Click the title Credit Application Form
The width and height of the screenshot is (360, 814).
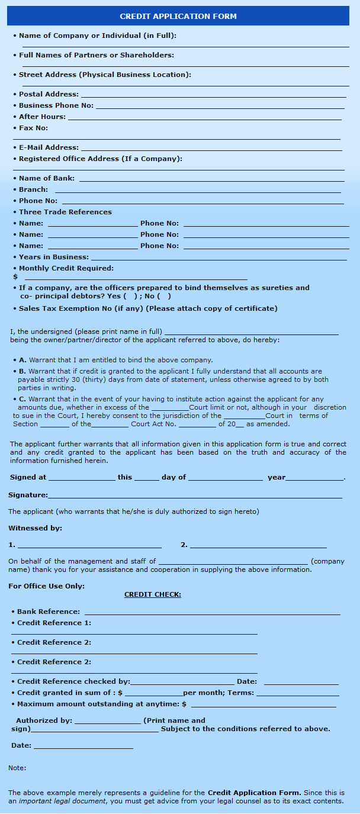[178, 16]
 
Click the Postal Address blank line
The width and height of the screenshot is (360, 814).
[213, 96]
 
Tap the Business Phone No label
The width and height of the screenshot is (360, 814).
[56, 105]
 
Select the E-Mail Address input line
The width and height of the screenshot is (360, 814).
[211, 149]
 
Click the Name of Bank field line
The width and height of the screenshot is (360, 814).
[211, 180]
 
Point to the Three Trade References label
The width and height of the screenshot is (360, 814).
[65, 212]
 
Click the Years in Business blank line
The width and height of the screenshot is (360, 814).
[218, 259]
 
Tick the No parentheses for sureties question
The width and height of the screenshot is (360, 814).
[165, 296]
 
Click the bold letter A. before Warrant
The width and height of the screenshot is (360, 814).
[22, 360]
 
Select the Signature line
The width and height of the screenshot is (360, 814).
[195, 497]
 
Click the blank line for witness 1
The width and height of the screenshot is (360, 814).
[89, 546]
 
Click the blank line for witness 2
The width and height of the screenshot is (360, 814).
[258, 546]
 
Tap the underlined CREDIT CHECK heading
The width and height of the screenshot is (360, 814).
[153, 594]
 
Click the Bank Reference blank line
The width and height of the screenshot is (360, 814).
[212, 613]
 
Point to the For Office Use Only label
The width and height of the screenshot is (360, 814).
[46, 586]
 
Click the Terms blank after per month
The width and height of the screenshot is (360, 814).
[297, 694]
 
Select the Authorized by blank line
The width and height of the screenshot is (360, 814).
[108, 722]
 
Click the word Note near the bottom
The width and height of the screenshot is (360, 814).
[17, 768]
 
